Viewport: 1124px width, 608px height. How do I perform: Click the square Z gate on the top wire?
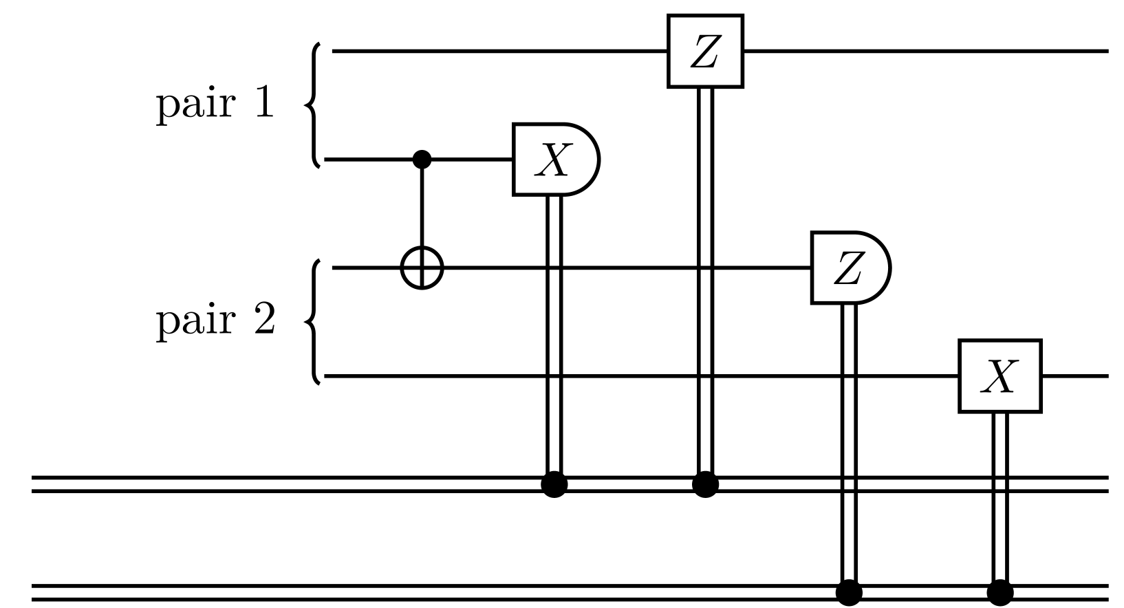tap(705, 52)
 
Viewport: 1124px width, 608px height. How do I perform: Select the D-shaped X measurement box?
tap(554, 160)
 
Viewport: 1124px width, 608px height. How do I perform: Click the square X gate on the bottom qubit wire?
tap(999, 376)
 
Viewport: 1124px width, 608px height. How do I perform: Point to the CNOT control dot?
tap(422, 160)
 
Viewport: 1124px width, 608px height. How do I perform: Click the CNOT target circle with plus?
tap(422, 268)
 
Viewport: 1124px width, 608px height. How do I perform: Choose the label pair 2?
tap(215, 321)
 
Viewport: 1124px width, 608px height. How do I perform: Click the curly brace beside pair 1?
tap(314, 105)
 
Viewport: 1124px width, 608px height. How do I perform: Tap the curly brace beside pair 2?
tap(314, 321)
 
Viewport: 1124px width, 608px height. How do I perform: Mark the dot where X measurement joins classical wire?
tap(554, 485)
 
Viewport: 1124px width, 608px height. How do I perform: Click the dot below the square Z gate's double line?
tap(705, 485)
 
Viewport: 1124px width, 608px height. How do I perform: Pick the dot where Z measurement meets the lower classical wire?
tap(849, 591)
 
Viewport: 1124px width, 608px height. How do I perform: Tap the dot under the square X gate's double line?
tap(999, 591)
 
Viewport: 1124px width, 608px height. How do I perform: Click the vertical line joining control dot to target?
tap(422, 206)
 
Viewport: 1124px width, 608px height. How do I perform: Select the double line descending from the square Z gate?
tap(705, 275)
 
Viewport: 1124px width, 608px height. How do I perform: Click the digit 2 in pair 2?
tap(264, 321)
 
